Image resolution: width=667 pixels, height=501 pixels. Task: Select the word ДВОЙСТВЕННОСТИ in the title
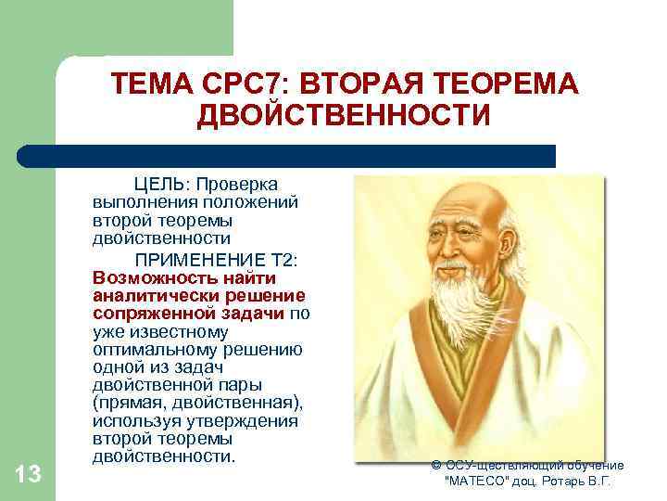344,117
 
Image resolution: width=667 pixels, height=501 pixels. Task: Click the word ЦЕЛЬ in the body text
158,184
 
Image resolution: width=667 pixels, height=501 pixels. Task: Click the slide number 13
29,475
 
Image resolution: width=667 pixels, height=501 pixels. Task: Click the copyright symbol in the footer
436,465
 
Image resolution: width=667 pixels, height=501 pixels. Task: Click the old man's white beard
463,306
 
